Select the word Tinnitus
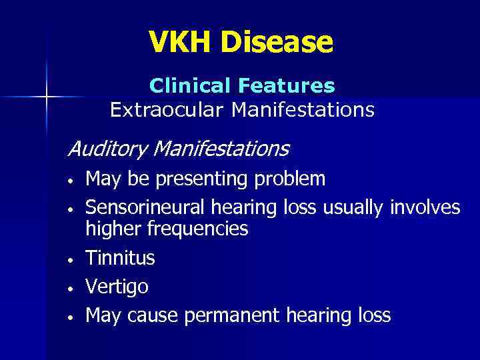point(121,257)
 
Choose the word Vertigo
point(117,287)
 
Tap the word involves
point(425,208)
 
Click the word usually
point(353,208)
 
